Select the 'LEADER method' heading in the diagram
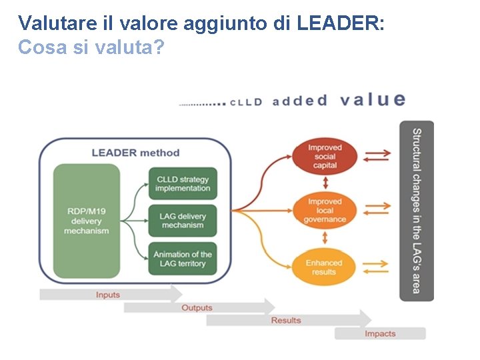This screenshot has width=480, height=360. pyautogui.click(x=135, y=152)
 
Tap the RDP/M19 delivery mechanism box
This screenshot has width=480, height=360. pyautogui.click(x=87, y=221)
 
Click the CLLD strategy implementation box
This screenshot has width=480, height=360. pyautogui.click(x=183, y=184)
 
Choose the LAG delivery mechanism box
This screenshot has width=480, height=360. pyautogui.click(x=183, y=221)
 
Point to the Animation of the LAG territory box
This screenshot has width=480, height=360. pyautogui.click(x=183, y=259)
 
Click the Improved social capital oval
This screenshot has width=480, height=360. pyautogui.click(x=325, y=157)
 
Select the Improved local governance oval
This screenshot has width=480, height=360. pyautogui.click(x=325, y=211)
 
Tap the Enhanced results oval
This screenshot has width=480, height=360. pyautogui.click(x=325, y=267)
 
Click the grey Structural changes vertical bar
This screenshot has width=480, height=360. pyautogui.click(x=416, y=211)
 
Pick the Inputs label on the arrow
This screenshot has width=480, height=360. pyautogui.click(x=108, y=295)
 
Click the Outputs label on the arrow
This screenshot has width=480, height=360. pyautogui.click(x=197, y=308)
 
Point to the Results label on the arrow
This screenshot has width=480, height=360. pyautogui.click(x=285, y=321)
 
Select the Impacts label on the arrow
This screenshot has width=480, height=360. pyautogui.click(x=379, y=333)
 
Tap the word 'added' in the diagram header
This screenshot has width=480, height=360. pyautogui.click(x=300, y=101)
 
